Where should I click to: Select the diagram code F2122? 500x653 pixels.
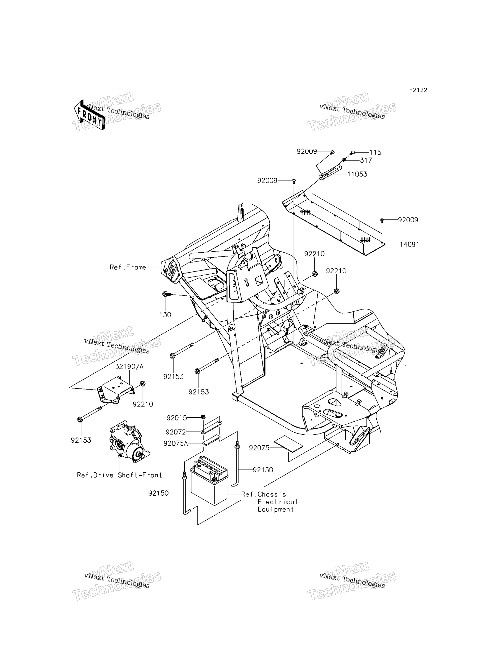click(418, 90)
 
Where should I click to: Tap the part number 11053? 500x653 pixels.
click(357, 174)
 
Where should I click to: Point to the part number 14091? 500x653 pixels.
click(409, 244)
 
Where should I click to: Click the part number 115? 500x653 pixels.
click(375, 152)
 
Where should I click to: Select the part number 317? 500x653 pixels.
click(366, 161)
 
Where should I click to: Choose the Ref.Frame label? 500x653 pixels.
click(128, 267)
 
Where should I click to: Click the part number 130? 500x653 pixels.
click(165, 315)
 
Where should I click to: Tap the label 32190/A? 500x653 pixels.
click(129, 367)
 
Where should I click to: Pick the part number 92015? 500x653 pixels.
click(177, 418)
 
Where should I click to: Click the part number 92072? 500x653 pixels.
click(176, 432)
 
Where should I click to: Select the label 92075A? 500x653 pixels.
click(176, 444)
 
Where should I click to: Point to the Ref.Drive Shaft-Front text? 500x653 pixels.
click(119, 475)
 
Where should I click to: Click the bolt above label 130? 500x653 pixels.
click(167, 294)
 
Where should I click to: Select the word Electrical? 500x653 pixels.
click(278, 502)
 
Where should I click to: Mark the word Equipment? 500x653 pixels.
click(276, 510)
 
